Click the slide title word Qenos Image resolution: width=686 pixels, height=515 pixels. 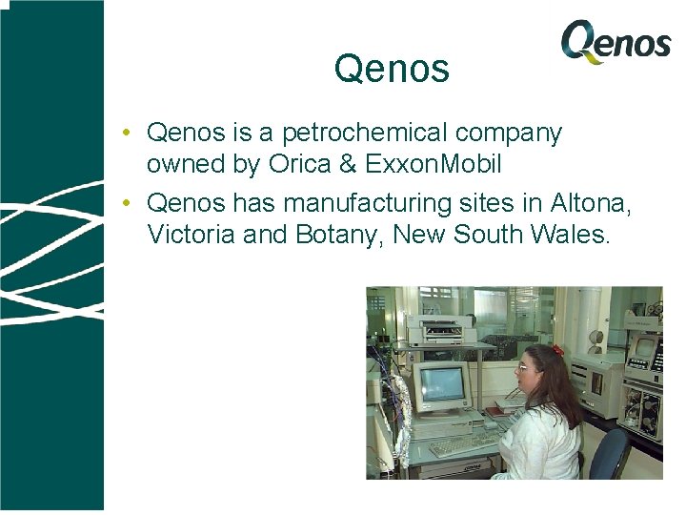pos(392,69)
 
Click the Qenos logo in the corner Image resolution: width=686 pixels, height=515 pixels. pos(615,42)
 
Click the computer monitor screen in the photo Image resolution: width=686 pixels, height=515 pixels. pos(441,383)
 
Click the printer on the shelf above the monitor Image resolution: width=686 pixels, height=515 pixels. pos(440,330)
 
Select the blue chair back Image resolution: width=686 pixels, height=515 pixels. pos(610,452)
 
